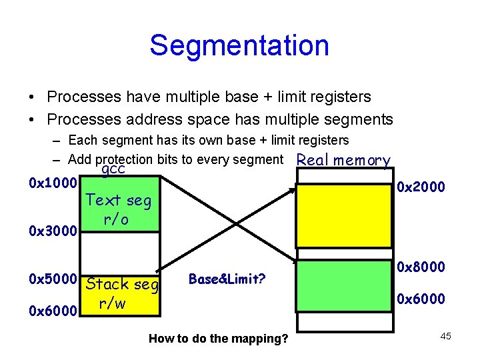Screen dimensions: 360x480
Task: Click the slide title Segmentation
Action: pyautogui.click(x=239, y=45)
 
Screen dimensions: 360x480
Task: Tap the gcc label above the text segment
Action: pyautogui.click(x=113, y=171)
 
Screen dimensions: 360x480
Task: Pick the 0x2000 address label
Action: pyautogui.click(x=421, y=187)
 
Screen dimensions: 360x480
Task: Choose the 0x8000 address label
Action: pyautogui.click(x=421, y=267)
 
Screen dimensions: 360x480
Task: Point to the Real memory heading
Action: pyautogui.click(x=343, y=160)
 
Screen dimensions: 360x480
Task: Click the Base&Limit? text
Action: pyautogui.click(x=227, y=279)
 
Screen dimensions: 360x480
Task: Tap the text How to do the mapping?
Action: pyautogui.click(x=219, y=339)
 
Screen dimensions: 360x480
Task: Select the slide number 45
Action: pyautogui.click(x=445, y=336)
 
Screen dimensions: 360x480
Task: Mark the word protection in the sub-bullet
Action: pyautogui.click(x=123, y=159)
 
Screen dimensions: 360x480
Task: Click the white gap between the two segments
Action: pyautogui.click(x=121, y=253)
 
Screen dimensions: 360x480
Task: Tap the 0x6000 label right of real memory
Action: pyautogui.click(x=421, y=299)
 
